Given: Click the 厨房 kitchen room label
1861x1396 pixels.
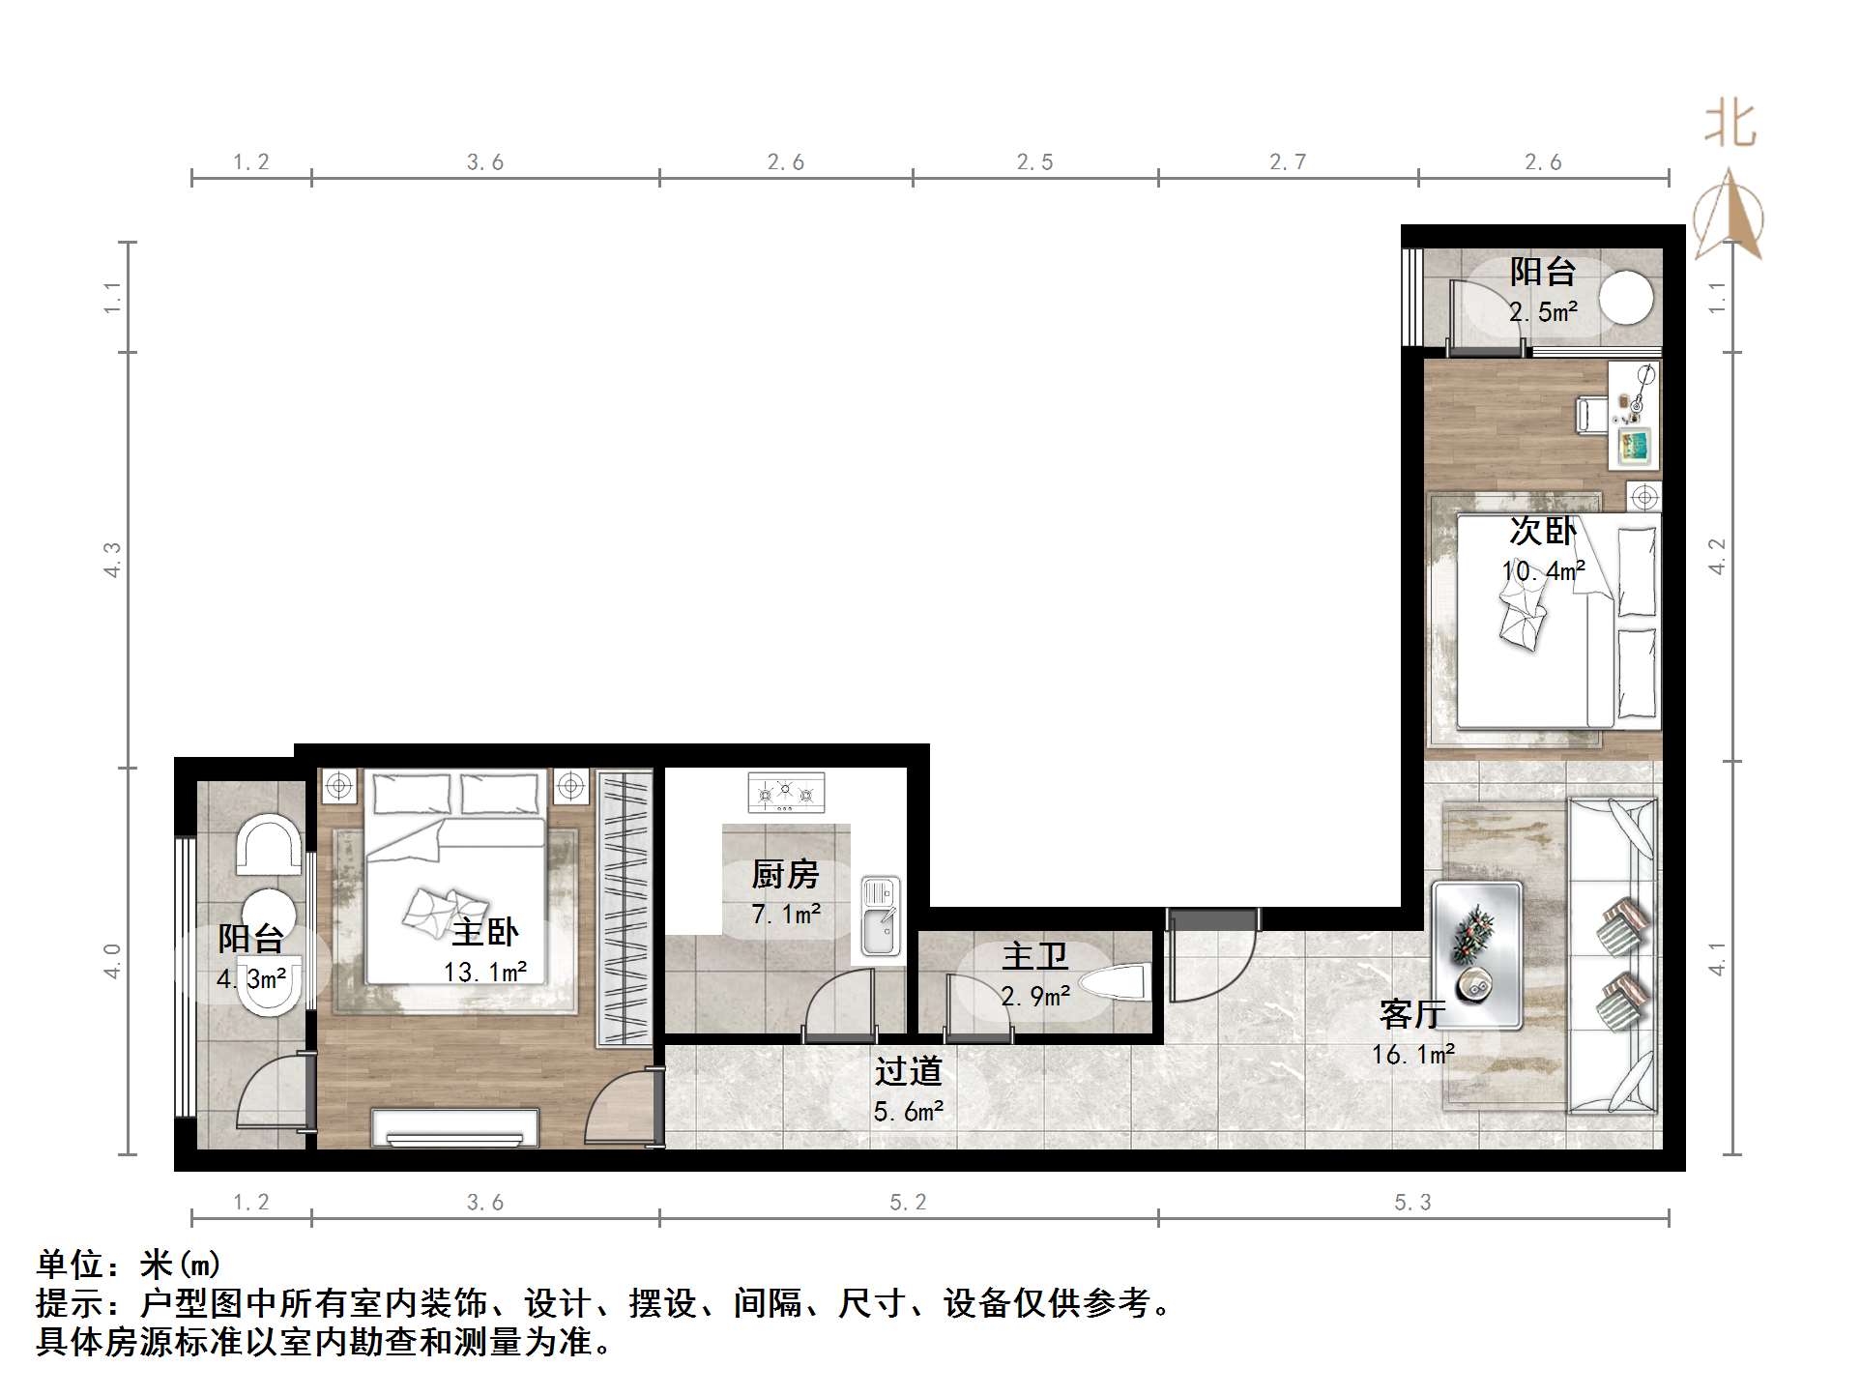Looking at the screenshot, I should coord(785,875).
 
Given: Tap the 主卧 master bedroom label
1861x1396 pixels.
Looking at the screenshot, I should coord(485,933).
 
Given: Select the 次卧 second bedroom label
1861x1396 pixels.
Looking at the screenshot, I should coord(1543,531).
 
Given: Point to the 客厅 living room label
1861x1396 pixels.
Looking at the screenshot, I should coord(1412,1014).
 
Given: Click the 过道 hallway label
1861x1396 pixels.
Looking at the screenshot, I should coord(908,1071).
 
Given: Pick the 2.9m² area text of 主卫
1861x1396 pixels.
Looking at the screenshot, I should coord(1034,996).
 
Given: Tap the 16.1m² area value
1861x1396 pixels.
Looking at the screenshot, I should coord(1412,1055).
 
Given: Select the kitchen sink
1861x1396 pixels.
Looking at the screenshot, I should coord(880,916).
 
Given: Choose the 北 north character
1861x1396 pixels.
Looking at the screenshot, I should coord(1730,127).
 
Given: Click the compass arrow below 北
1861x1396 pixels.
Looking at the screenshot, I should coord(1729,215).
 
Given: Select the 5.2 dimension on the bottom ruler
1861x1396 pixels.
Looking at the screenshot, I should coord(908,1203).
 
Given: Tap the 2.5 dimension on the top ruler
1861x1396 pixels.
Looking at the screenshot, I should coord(1034,162).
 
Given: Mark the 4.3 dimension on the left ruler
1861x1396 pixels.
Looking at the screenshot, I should coord(112,561).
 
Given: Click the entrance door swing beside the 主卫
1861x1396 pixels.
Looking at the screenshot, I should coord(1208,957).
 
